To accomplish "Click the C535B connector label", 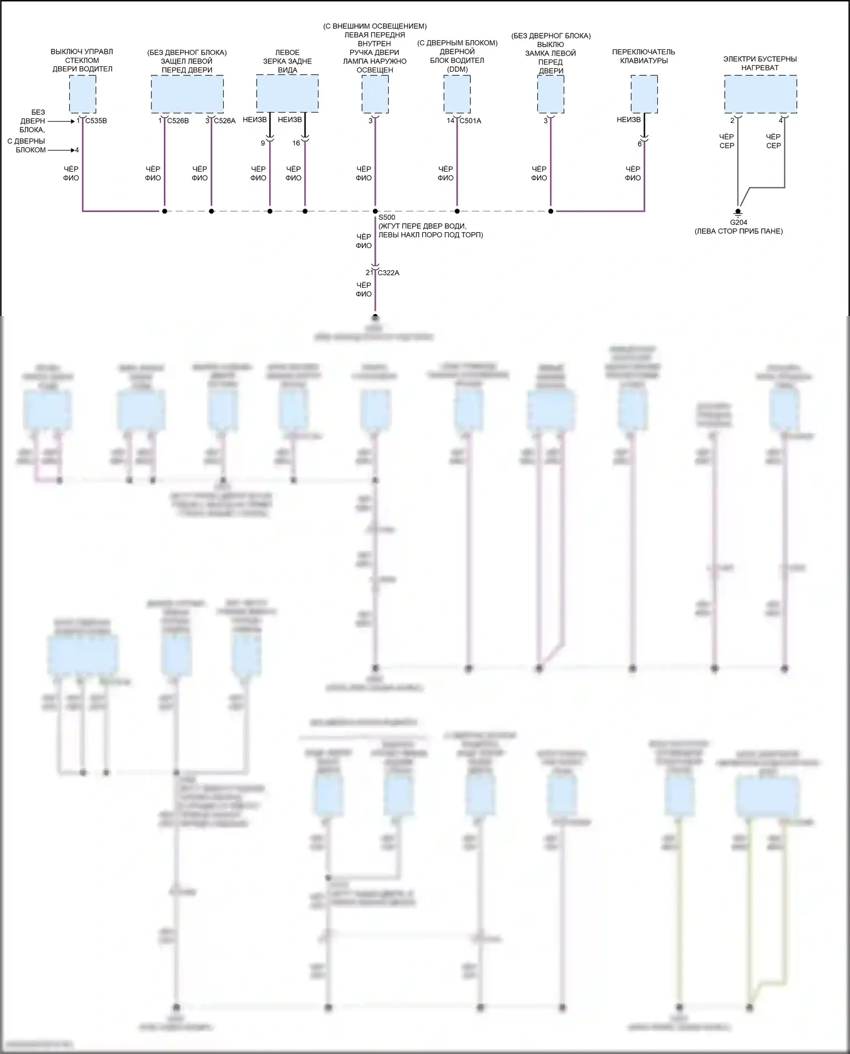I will point(96,121).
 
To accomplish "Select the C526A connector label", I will point(224,121).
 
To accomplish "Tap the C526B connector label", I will point(178,121).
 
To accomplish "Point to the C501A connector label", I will point(470,121).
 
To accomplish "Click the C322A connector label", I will point(388,272).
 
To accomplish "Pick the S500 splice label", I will point(386,217).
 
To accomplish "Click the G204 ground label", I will point(738,223).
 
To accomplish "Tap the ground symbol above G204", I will point(738,212).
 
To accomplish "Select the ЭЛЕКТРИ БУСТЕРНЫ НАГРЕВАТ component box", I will point(760,94).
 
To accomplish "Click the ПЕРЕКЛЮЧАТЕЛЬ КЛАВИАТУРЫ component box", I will point(644,94).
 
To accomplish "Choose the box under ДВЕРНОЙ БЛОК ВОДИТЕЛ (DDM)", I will point(457,94).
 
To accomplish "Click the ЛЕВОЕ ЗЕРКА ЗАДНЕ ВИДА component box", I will point(287,93).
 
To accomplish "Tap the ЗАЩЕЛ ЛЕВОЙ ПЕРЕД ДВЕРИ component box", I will point(187,94).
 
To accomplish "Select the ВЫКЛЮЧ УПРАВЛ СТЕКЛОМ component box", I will point(83,94).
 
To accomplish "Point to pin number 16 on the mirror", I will point(296,143).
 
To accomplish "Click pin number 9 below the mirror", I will point(262,143).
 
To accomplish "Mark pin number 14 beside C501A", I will point(450,121).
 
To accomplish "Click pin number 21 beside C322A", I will point(369,272).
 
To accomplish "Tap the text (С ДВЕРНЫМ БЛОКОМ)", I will point(457,43).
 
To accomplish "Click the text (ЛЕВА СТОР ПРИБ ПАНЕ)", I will point(738,231).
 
